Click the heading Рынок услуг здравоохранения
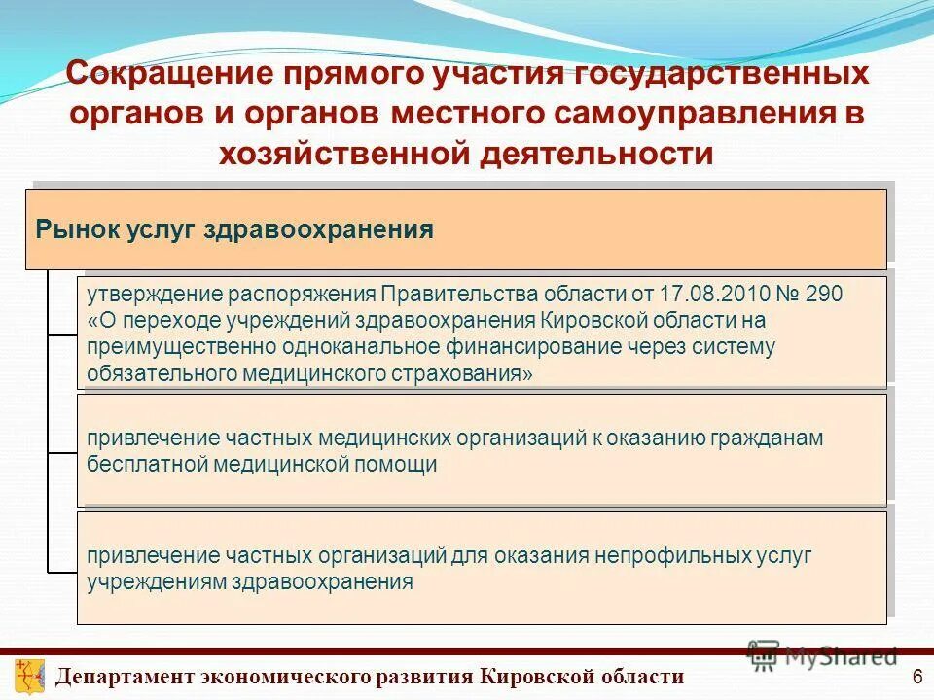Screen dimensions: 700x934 click(x=234, y=229)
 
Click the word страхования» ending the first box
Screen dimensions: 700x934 click(x=471, y=373)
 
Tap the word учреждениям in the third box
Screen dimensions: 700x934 click(x=157, y=582)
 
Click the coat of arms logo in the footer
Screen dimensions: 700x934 click(x=28, y=674)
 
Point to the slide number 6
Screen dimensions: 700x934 click(x=916, y=676)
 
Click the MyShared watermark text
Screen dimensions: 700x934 click(x=841, y=655)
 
